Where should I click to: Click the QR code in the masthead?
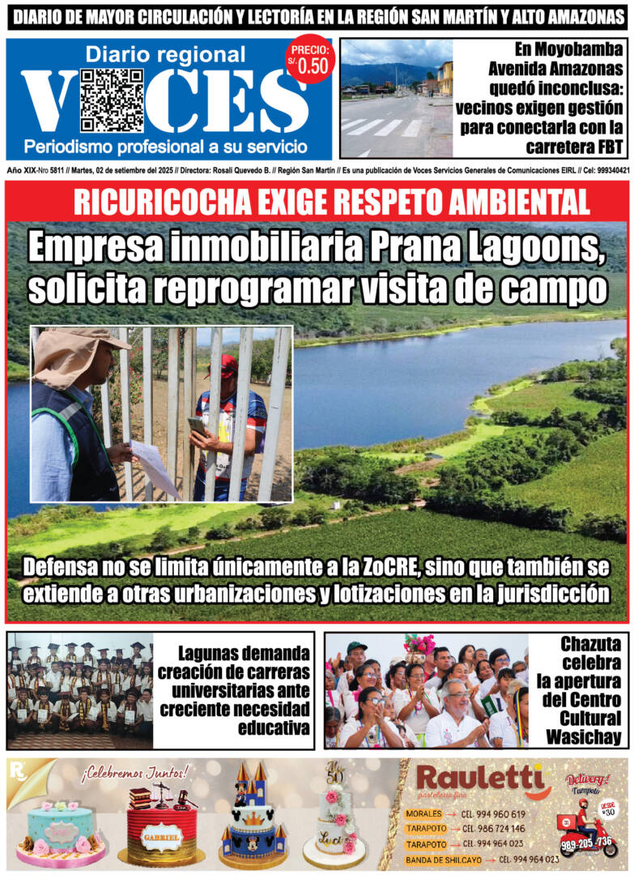[x=112, y=100]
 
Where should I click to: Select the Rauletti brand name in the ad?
[x=479, y=779]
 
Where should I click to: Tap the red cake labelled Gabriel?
[x=162, y=826]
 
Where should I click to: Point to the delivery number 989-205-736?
[x=588, y=843]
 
